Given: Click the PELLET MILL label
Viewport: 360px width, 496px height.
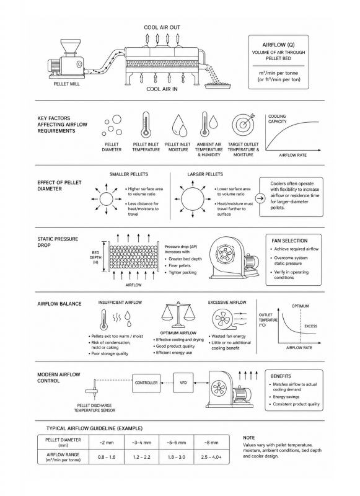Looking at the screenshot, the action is pyautogui.click(x=66, y=84).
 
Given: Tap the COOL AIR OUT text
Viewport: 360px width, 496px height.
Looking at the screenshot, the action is pyautogui.click(x=162, y=27).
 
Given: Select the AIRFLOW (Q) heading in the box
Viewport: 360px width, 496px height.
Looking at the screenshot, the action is pyautogui.click(x=278, y=45).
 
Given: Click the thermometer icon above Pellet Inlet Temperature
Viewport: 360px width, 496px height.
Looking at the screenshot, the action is pyautogui.click(x=146, y=125).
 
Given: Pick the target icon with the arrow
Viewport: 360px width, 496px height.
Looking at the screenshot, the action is pyautogui.click(x=243, y=125).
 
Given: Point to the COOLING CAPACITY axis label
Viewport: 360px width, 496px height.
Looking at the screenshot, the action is pyautogui.click(x=277, y=119).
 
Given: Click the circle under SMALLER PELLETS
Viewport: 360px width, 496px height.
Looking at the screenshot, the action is pyautogui.click(x=106, y=199).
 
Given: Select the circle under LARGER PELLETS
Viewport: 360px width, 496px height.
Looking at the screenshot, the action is pyautogui.click(x=193, y=199).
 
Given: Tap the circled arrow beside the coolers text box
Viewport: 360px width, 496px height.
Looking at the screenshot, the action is pyautogui.click(x=260, y=198).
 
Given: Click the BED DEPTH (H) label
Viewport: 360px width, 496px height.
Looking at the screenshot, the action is pyautogui.click(x=95, y=257).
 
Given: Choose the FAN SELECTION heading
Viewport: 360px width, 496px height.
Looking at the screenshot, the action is pyautogui.click(x=289, y=241).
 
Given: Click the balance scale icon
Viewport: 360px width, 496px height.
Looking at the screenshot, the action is pyautogui.click(x=177, y=315).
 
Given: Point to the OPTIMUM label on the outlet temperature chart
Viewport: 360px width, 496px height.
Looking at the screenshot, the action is pyautogui.click(x=300, y=306).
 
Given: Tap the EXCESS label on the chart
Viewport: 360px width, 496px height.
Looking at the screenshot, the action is pyautogui.click(x=310, y=326).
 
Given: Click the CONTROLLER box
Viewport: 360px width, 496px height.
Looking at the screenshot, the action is pyautogui.click(x=146, y=383).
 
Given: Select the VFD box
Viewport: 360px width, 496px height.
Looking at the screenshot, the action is pyautogui.click(x=183, y=383).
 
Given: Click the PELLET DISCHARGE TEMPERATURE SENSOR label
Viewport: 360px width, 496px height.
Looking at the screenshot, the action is pyautogui.click(x=95, y=408).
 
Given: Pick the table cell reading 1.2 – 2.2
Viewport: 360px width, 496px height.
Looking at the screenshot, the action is pyautogui.click(x=141, y=457).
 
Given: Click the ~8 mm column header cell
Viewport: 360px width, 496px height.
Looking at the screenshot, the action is pyautogui.click(x=211, y=443).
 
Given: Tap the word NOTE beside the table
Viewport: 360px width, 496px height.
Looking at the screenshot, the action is pyautogui.click(x=248, y=438).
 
